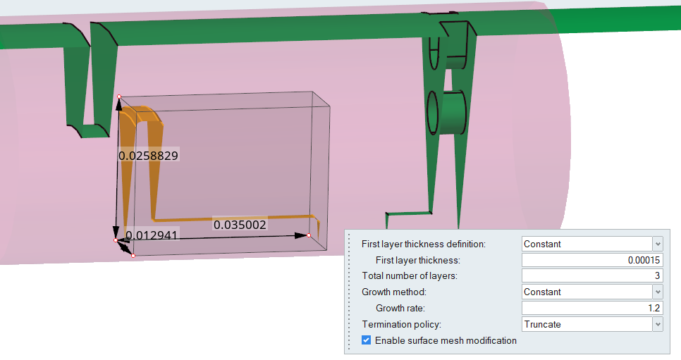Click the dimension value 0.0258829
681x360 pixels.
[x=148, y=155]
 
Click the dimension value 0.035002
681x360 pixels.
[x=240, y=225]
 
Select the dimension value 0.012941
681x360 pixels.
[x=151, y=234]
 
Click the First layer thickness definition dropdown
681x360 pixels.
[x=592, y=244]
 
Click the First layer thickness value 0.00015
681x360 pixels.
[x=592, y=260]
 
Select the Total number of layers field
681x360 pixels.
[x=592, y=275]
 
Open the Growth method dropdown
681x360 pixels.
[x=592, y=292]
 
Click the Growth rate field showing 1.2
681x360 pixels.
[x=592, y=308]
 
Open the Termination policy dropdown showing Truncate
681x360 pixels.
[x=592, y=324]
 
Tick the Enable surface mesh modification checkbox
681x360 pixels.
[x=366, y=340]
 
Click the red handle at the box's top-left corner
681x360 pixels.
[x=118, y=97]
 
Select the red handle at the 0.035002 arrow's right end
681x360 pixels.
[x=309, y=235]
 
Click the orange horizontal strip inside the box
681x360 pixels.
[x=233, y=218]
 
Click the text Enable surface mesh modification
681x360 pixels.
[x=446, y=340]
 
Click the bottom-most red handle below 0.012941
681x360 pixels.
[x=133, y=255]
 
